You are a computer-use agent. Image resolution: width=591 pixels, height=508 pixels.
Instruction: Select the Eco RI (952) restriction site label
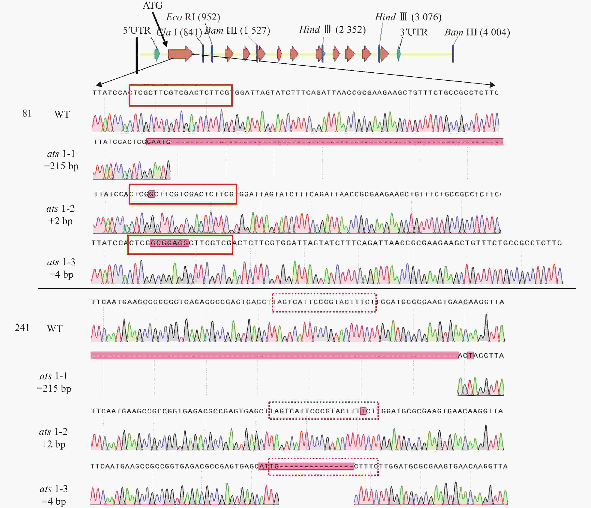(193, 17)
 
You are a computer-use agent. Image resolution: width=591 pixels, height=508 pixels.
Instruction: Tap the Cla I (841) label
(179, 32)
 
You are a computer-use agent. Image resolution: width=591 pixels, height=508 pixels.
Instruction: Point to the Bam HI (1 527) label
(237, 30)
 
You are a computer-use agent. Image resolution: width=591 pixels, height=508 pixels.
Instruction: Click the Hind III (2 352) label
(332, 29)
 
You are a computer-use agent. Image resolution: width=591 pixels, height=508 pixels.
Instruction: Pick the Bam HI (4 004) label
(477, 32)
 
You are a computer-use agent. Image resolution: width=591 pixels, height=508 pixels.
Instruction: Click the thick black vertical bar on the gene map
(137, 56)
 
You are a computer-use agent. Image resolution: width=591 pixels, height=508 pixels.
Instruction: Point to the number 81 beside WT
(27, 113)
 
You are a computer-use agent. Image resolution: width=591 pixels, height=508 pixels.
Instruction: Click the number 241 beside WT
(22, 328)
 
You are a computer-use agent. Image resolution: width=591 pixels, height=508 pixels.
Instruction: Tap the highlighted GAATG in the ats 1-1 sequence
(158, 142)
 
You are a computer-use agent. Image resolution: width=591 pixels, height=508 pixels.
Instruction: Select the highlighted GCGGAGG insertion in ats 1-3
(169, 243)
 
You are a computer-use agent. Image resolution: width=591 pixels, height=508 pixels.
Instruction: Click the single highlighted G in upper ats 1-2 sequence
(151, 194)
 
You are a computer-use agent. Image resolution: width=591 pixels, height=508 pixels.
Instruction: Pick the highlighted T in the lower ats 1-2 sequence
(363, 411)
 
